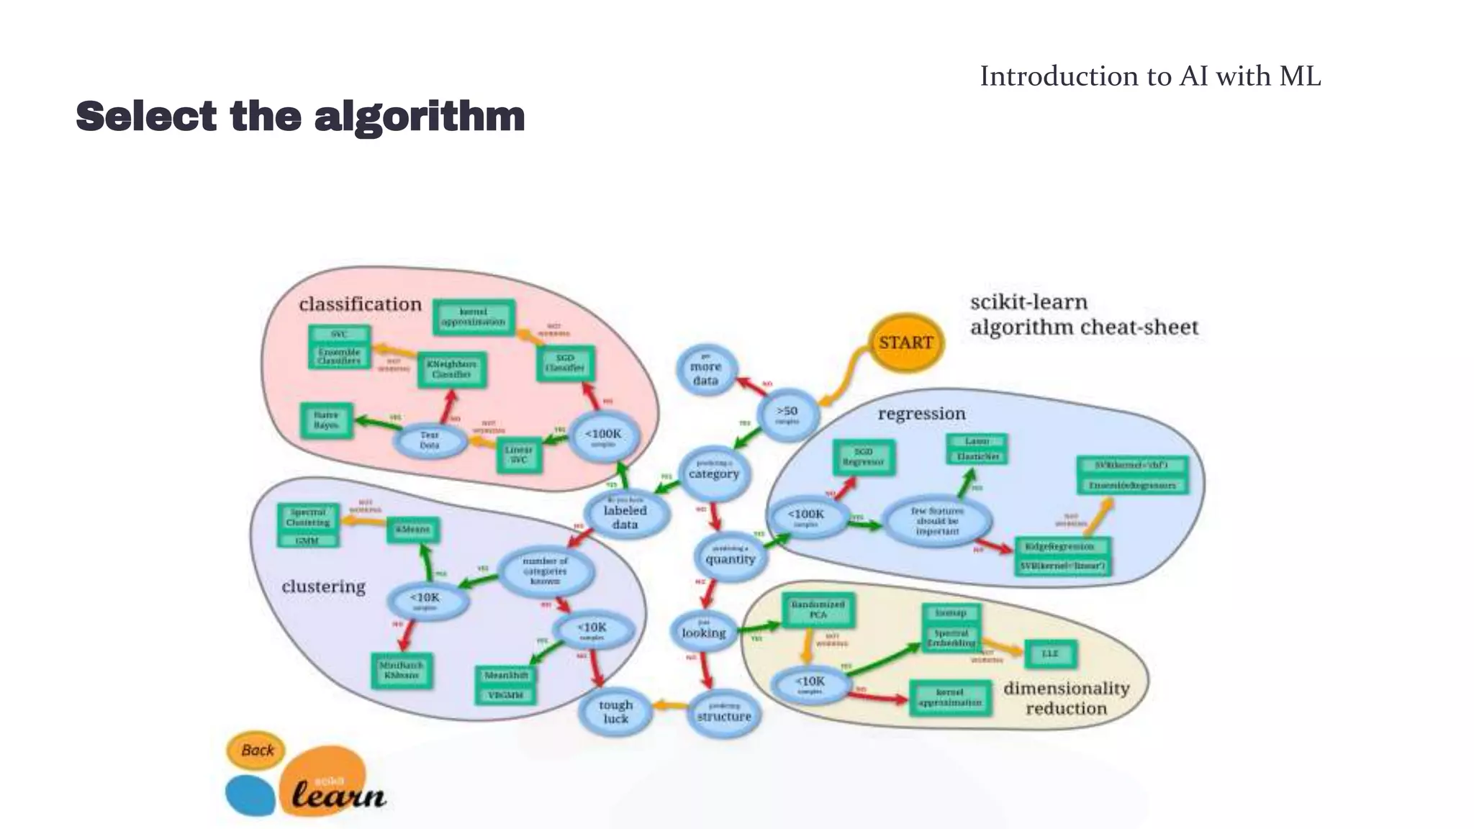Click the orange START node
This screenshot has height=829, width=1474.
point(905,343)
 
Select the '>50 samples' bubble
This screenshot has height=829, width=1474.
point(787,414)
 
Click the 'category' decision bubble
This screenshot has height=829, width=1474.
point(713,472)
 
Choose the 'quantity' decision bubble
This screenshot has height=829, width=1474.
point(730,557)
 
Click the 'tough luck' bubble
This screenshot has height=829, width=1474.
point(615,712)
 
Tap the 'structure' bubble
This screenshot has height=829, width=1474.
point(723,714)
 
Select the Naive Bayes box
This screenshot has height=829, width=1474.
point(326,420)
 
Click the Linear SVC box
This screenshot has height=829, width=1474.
point(519,455)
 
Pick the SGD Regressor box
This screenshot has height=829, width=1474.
point(863,457)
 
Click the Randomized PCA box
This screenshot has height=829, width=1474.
point(818,610)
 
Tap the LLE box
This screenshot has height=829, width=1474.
point(1050,653)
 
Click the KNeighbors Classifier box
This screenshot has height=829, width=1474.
point(451,369)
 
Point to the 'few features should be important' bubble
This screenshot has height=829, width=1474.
point(936,521)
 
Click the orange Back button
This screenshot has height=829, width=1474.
point(257,751)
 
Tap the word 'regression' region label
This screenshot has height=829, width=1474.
point(921,414)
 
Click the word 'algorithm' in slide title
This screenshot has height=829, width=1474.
point(420,117)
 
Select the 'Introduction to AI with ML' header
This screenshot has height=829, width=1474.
point(1149,76)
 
